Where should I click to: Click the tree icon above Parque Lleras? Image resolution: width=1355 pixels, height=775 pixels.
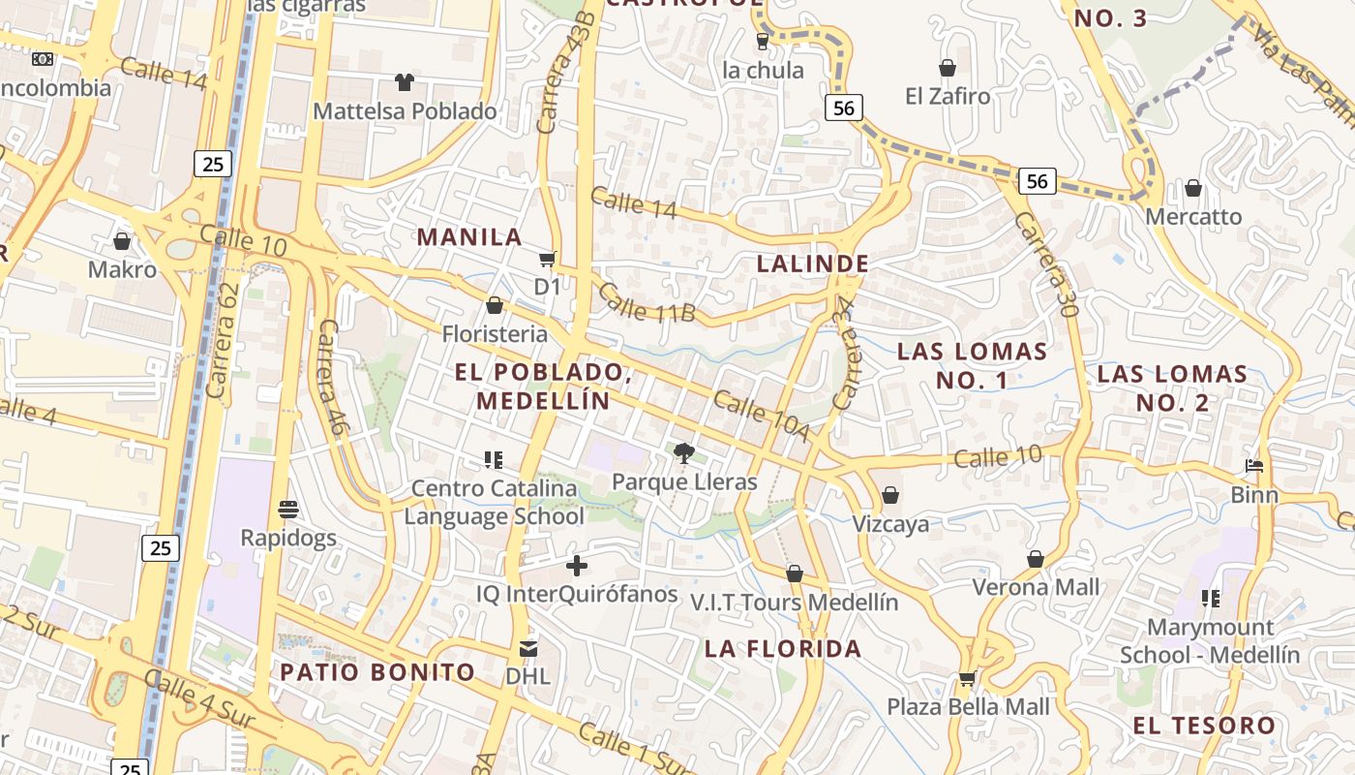click(684, 451)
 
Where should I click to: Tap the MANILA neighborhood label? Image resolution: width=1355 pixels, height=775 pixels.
click(469, 237)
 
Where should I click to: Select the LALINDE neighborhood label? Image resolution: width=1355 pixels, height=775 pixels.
click(813, 263)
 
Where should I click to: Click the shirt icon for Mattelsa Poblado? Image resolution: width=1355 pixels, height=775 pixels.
click(404, 82)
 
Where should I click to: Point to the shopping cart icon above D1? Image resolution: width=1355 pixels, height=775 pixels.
click(547, 259)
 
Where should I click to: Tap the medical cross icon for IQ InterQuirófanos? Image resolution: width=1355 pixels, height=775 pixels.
click(577, 566)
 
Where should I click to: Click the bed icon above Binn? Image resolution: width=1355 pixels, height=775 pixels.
click(1254, 466)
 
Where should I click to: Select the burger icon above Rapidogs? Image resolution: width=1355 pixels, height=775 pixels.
click(287, 509)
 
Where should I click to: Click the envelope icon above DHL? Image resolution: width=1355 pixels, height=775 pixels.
click(527, 648)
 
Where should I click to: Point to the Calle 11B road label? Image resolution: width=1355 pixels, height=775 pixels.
click(646, 302)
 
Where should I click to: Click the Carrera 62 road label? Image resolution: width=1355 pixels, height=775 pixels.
click(222, 340)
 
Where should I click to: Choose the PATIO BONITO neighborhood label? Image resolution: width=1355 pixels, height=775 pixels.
click(377, 672)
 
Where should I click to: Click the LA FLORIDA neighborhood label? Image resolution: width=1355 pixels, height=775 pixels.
click(783, 649)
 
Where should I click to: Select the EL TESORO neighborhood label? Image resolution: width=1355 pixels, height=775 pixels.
click(1204, 726)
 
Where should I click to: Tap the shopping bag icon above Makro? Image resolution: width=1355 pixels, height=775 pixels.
click(122, 241)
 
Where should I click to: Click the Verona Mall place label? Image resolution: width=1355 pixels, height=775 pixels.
click(1036, 587)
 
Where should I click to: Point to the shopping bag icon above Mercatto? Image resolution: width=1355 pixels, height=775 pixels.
click(1193, 188)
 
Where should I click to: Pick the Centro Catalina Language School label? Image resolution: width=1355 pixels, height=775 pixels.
click(494, 503)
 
